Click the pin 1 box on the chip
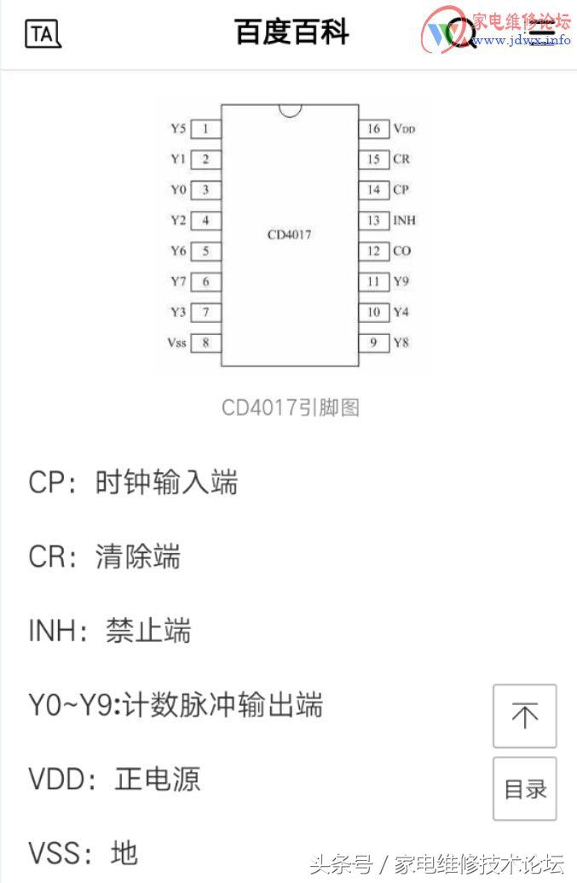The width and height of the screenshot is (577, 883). (x=205, y=129)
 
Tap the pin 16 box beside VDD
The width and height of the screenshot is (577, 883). (x=373, y=129)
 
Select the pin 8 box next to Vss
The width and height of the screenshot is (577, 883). (x=205, y=343)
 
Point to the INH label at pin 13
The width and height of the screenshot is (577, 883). (x=404, y=221)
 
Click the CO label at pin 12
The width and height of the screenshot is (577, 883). (x=401, y=251)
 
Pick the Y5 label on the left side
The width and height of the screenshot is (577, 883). (x=177, y=129)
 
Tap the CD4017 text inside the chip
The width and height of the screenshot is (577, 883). (x=289, y=234)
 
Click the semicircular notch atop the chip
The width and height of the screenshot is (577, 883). (x=290, y=110)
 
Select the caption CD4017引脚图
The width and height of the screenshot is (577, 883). (x=290, y=407)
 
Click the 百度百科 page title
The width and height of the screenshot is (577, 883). (x=291, y=33)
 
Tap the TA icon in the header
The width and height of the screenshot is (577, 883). (x=43, y=34)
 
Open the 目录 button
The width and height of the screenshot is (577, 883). (x=525, y=789)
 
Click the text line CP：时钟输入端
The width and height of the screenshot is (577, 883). (x=133, y=483)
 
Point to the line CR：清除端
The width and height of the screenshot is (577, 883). (x=104, y=557)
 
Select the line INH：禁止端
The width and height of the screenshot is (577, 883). (x=110, y=632)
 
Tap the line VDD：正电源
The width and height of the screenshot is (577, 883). (x=114, y=780)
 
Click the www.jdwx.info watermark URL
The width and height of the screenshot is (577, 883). (x=521, y=40)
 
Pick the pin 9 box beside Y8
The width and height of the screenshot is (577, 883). (x=373, y=343)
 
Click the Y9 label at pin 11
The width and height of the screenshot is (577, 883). (x=401, y=281)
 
